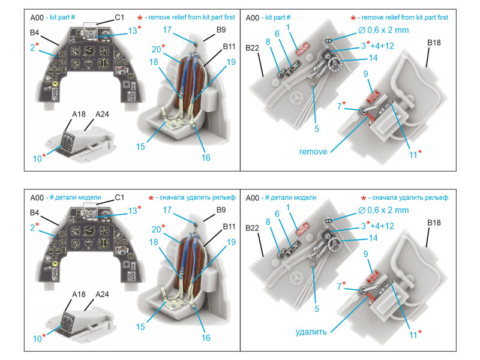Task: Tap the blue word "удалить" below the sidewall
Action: (311, 331)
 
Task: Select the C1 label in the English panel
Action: (119, 19)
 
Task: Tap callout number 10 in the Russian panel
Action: (38, 338)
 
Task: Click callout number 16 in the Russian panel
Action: (206, 337)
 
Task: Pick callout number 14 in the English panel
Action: (373, 58)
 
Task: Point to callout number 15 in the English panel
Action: (140, 146)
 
